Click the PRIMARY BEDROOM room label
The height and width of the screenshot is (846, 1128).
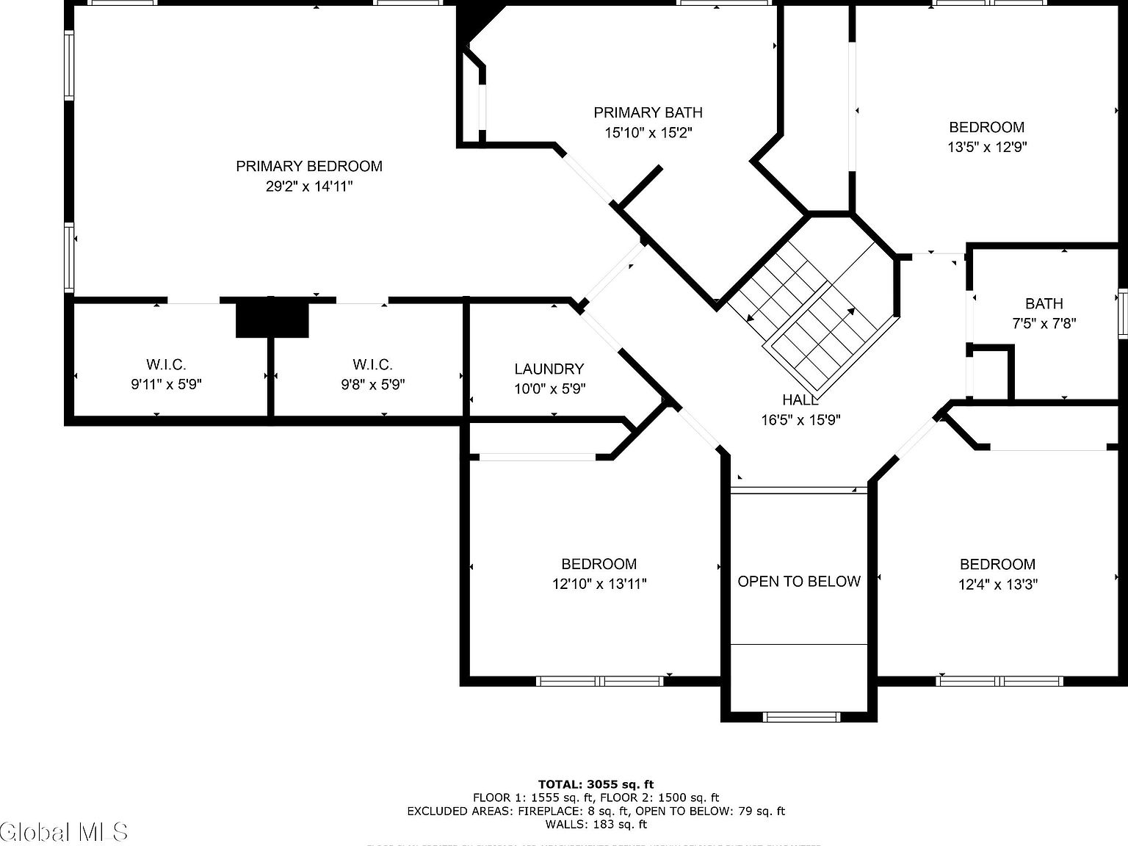point(308,167)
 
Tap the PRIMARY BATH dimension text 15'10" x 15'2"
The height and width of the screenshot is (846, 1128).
point(648,133)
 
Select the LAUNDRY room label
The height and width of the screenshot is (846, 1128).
point(549,369)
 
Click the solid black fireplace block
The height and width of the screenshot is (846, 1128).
point(272,318)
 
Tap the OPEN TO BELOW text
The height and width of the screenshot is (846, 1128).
point(798,582)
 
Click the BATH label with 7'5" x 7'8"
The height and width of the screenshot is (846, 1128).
point(1044,304)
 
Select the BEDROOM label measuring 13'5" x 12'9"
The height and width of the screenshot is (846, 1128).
point(986,127)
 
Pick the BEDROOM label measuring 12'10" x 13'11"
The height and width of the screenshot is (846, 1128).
point(599,564)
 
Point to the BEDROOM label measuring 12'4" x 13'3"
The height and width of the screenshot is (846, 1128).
point(997,564)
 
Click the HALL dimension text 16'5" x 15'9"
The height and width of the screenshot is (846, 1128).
point(800,420)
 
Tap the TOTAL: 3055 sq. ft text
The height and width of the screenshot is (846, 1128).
point(596,784)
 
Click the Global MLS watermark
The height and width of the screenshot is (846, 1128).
point(65,831)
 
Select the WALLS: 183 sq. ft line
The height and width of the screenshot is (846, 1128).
point(596,824)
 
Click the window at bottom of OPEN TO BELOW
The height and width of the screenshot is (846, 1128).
point(801,717)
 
